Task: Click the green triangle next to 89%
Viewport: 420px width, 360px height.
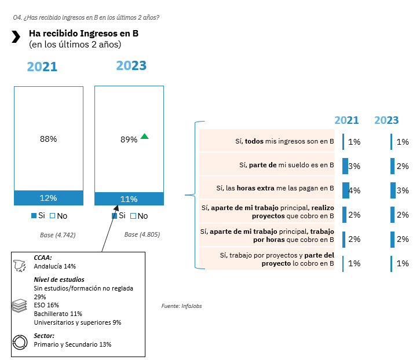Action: (145, 137)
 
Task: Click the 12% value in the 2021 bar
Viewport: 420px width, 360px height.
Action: (48, 198)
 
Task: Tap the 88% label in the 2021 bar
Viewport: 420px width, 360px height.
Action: (48, 139)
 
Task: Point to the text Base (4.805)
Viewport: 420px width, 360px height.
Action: (142, 235)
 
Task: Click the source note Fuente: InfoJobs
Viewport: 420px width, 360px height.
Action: (181, 306)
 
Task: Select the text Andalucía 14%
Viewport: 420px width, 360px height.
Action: (55, 266)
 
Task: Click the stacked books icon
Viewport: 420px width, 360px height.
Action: (20, 306)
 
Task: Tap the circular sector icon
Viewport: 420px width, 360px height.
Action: (20, 341)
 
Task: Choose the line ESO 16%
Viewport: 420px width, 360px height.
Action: (46, 305)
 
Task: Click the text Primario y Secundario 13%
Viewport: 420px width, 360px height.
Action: (72, 344)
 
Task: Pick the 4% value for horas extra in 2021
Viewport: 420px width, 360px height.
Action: (355, 190)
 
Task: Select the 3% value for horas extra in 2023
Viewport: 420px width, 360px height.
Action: (403, 190)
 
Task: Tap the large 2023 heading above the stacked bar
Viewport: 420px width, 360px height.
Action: (131, 65)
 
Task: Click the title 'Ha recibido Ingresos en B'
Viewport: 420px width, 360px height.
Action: (83, 34)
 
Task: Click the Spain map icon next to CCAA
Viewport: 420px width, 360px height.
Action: (20, 265)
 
